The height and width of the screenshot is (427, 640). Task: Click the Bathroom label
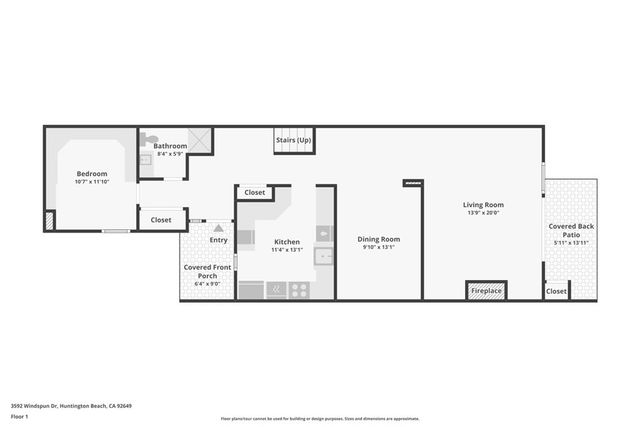(170, 146)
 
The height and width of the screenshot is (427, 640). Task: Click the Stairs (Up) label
(293, 140)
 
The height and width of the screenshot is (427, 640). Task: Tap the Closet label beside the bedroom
(161, 220)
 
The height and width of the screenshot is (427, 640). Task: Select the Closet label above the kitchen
(255, 192)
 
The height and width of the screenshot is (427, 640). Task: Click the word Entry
(218, 240)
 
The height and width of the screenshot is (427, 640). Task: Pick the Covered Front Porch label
(208, 271)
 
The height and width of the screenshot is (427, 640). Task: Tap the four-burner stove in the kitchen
(299, 290)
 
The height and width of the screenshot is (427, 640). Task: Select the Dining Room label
(378, 239)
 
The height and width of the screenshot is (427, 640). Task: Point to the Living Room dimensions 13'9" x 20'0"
(482, 213)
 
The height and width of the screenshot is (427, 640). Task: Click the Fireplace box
(486, 291)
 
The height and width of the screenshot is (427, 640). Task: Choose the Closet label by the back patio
(556, 291)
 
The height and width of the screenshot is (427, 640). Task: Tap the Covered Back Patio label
(572, 231)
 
